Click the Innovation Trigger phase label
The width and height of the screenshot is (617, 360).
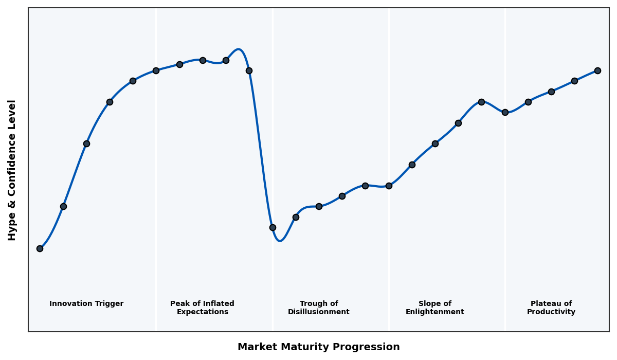coord(86,304)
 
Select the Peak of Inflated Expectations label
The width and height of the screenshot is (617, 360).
coord(202,308)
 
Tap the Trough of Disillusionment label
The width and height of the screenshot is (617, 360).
coord(319,308)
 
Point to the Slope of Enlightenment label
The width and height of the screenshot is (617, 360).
coord(435,308)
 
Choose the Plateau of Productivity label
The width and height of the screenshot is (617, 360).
coord(551,308)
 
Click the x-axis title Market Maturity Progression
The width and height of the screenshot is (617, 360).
coord(318,347)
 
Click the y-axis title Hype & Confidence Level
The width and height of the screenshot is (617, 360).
coord(12,170)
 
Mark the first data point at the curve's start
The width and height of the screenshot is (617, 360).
coord(40,248)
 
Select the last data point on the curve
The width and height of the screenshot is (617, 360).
coord(597,70)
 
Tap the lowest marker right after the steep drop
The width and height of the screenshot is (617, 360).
coord(273,227)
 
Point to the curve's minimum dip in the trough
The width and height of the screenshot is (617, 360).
coord(280,240)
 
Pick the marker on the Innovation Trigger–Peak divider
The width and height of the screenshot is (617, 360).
coord(156,70)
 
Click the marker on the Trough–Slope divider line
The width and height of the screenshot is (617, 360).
coord(389,186)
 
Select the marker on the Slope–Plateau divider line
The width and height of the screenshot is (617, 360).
coord(505,112)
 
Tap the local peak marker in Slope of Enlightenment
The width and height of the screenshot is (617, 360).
coord(481,102)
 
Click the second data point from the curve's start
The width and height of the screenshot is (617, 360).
coord(63,206)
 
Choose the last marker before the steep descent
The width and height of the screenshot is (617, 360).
coord(249,70)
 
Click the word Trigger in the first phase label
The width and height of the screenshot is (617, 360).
coord(109,304)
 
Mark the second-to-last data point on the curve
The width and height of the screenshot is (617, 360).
coord(574,81)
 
